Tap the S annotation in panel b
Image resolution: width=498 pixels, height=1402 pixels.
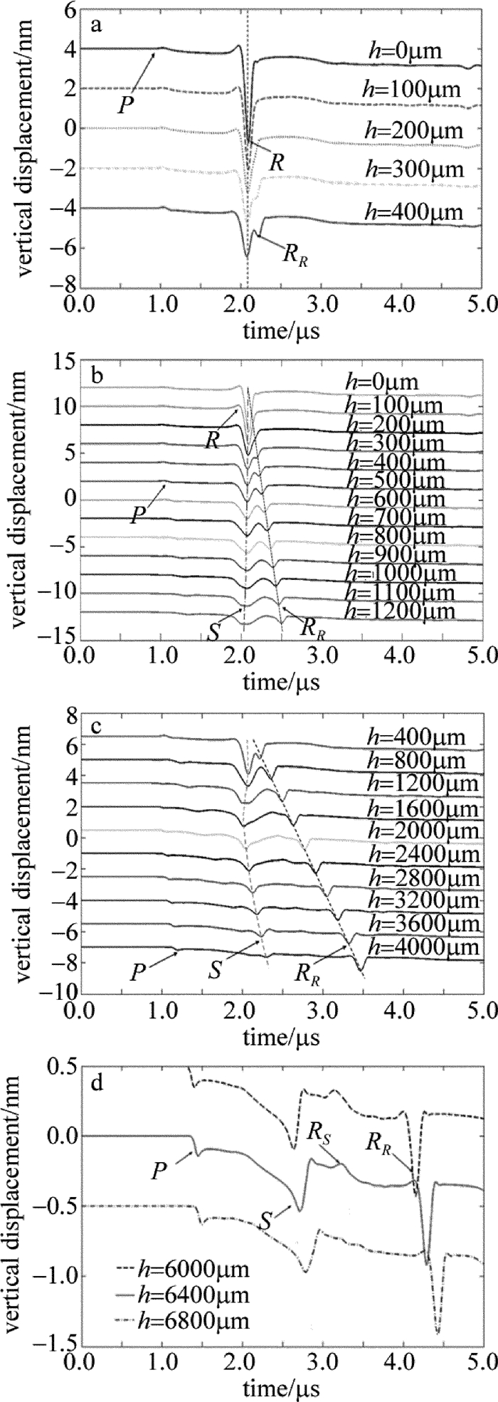coord(213,632)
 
